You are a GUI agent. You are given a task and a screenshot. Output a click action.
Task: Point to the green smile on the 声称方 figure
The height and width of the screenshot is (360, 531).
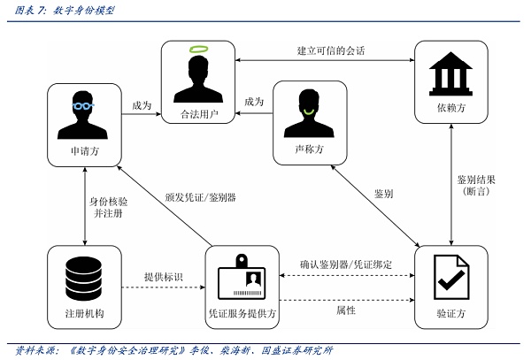click(309, 113)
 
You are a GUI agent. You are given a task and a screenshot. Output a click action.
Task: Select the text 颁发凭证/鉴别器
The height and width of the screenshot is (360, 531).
click(206, 196)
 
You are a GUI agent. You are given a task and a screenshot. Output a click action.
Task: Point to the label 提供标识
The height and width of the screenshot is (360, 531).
click(163, 278)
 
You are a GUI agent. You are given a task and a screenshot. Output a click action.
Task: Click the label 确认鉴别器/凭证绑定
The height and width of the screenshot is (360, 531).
click(346, 264)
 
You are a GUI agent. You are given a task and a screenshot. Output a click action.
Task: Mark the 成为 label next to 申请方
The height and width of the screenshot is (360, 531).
click(141, 105)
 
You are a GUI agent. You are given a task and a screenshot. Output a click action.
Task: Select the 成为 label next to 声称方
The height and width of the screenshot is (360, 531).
click(254, 102)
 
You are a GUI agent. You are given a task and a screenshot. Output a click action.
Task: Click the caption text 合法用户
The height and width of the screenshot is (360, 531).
click(198, 115)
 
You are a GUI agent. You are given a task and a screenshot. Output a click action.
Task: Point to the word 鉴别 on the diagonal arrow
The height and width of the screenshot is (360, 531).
click(383, 193)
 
